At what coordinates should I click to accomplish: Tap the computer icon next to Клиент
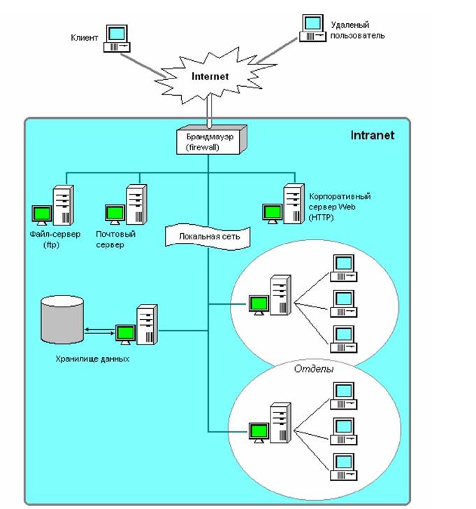coord(117,38)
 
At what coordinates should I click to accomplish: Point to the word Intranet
coord(373,134)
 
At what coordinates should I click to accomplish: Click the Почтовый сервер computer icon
coord(127,206)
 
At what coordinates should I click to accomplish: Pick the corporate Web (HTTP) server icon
coord(284,204)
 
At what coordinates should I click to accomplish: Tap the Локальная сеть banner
coord(208,237)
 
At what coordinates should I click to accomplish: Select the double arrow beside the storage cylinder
coord(99,329)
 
